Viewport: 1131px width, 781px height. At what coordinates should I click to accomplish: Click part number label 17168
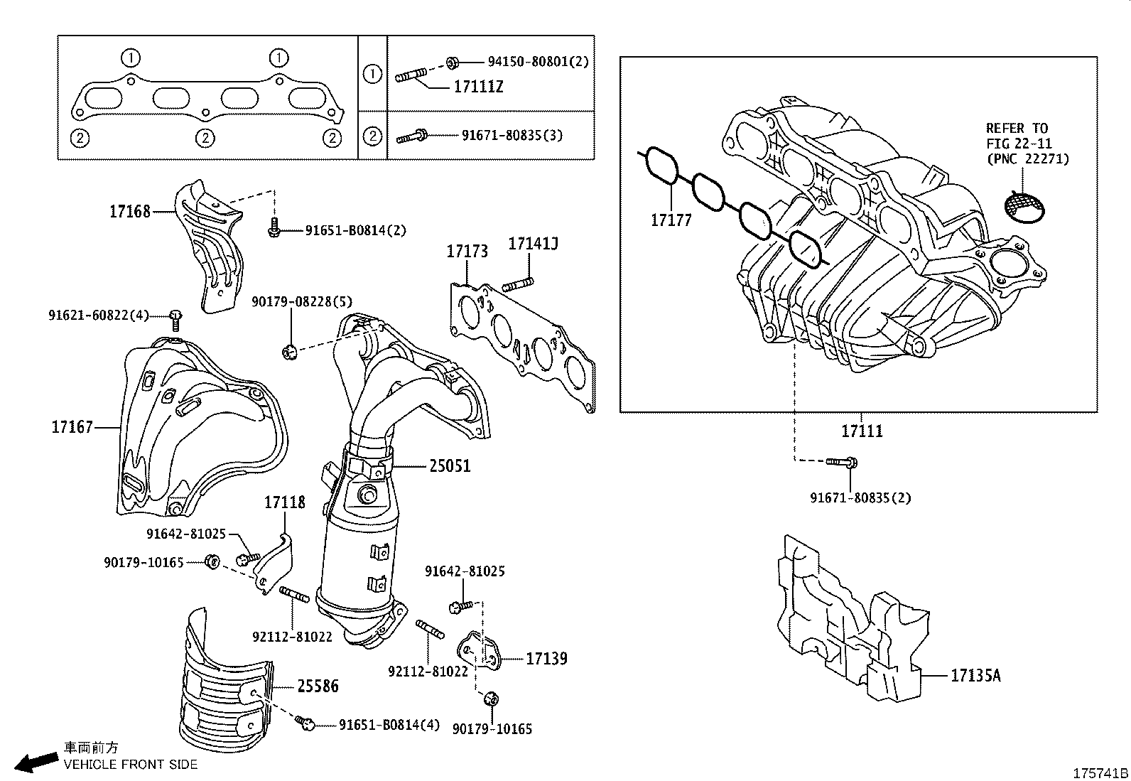pyautogui.click(x=129, y=211)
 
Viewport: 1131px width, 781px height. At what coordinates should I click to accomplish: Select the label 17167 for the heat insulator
pyautogui.click(x=72, y=427)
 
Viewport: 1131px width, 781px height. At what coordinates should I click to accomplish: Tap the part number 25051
pyautogui.click(x=450, y=466)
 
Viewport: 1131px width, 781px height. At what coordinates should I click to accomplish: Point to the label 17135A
pyautogui.click(x=975, y=676)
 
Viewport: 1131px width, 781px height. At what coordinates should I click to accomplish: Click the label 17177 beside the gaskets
pyautogui.click(x=671, y=220)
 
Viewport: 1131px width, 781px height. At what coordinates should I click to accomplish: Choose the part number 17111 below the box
pyautogui.click(x=862, y=431)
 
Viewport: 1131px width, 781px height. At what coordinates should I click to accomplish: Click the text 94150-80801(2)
pyautogui.click(x=538, y=62)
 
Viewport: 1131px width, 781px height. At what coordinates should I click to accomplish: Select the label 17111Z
pyautogui.click(x=478, y=87)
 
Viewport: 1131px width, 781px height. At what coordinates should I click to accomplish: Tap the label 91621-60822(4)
pyautogui.click(x=99, y=315)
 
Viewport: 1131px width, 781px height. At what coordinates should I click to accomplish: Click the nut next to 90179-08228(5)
pyautogui.click(x=288, y=350)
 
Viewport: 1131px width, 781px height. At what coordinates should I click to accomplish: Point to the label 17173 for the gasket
pyautogui.click(x=467, y=251)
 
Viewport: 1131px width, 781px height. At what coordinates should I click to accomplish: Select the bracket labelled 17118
pyautogui.click(x=277, y=561)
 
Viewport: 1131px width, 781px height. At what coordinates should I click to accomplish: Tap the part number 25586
pyautogui.click(x=318, y=686)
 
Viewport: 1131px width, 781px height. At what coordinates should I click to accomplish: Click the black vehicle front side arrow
pyautogui.click(x=37, y=761)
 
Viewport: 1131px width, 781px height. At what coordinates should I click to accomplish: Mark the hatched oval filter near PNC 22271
pyautogui.click(x=1024, y=205)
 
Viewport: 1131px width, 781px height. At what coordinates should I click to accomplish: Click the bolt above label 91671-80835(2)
pyautogui.click(x=843, y=463)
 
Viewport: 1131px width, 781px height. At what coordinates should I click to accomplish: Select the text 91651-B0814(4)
pyautogui.click(x=389, y=725)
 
